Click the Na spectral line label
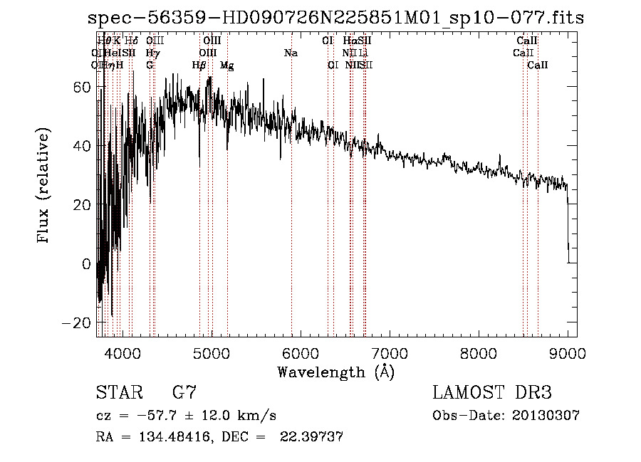click(291, 53)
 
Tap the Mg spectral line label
click(227, 65)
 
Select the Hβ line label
click(199, 65)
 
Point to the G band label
click(150, 65)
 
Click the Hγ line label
click(151, 53)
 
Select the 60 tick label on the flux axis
click(82, 87)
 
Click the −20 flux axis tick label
click(78, 322)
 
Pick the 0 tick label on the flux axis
click(86, 264)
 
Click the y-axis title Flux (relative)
click(44, 187)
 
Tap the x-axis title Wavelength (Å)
click(335, 372)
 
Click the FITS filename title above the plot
click(335, 19)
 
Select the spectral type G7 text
click(184, 392)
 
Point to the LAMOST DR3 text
click(491, 392)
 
